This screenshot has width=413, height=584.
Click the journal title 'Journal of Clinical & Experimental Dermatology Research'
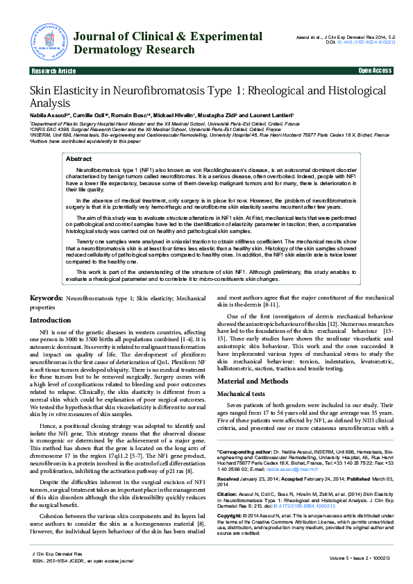[x=167, y=43]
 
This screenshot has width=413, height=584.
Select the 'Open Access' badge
[x=375, y=71]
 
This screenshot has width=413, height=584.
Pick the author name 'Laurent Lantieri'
[x=273, y=114]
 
